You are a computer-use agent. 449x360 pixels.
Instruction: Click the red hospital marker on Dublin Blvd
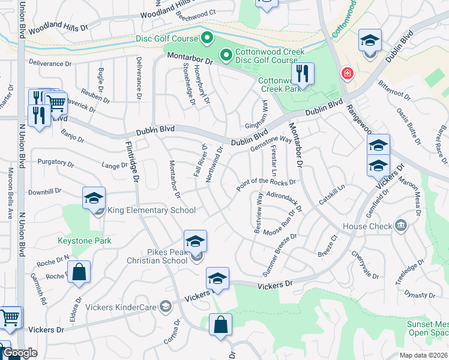[x=347, y=74]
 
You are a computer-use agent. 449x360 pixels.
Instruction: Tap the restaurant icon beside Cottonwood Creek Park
[x=303, y=74]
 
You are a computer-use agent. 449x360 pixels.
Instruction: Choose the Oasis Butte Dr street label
[x=408, y=123]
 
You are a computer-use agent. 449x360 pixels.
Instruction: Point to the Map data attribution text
[x=422, y=355]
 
